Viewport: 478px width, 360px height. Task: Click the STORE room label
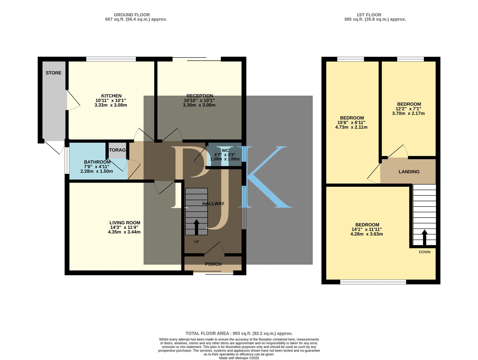tap(53, 73)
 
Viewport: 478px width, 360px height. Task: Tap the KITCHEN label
tap(111, 96)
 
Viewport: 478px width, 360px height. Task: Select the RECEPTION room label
tap(200, 96)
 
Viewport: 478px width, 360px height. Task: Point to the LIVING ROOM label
tap(125, 223)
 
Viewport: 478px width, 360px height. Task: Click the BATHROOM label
tap(97, 162)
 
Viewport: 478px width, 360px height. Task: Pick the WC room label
tap(225, 150)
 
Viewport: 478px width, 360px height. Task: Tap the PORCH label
tap(213, 264)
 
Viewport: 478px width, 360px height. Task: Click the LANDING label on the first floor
tap(409, 172)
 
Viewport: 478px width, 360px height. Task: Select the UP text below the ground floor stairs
tap(196, 242)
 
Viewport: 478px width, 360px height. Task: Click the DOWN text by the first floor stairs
tap(425, 252)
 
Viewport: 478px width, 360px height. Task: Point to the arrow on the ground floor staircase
tap(196, 227)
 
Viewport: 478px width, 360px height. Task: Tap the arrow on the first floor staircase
tap(425, 238)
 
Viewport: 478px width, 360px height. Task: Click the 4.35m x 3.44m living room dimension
tap(124, 232)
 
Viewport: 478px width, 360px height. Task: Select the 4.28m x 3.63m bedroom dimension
tap(367, 234)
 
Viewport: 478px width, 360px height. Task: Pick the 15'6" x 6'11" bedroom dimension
tap(351, 123)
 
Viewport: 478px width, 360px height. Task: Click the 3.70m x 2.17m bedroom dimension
tap(408, 113)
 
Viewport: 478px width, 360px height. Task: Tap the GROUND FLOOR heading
tap(132, 15)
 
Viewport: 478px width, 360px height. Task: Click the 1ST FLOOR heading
tap(369, 15)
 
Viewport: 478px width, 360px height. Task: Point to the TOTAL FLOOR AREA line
tap(239, 333)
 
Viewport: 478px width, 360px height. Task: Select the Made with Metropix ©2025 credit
tap(239, 358)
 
